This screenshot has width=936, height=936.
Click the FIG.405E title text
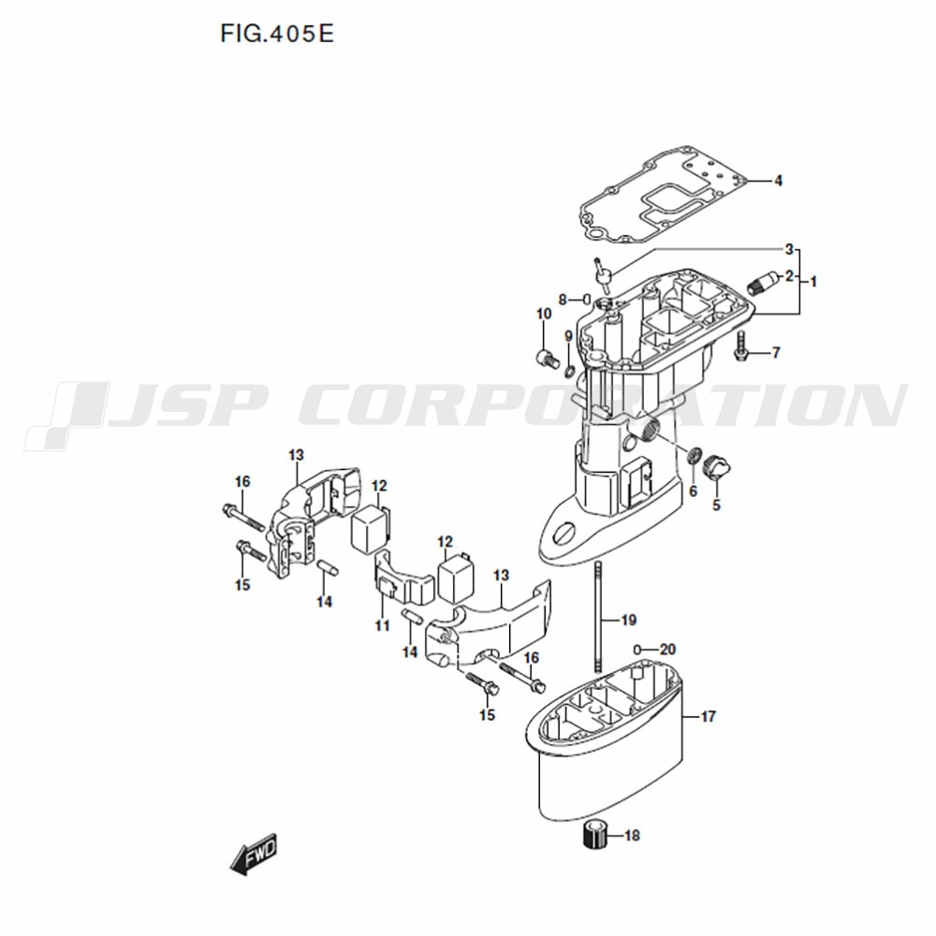(277, 34)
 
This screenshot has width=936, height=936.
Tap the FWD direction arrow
(254, 854)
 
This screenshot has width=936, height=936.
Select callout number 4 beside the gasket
(778, 181)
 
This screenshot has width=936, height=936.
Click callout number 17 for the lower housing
(708, 716)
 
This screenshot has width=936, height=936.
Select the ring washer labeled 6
(695, 456)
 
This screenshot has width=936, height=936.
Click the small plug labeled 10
(547, 358)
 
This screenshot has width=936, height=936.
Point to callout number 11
(382, 625)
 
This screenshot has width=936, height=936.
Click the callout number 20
(667, 649)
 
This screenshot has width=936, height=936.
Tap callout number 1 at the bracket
(813, 281)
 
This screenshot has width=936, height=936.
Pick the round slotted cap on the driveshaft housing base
(565, 533)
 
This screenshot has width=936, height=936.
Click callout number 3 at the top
(789, 249)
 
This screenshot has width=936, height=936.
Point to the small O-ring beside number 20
(636, 649)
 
